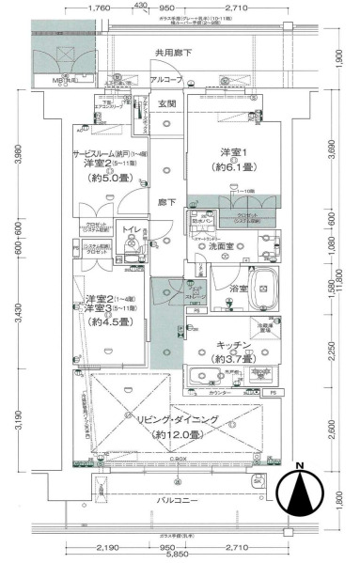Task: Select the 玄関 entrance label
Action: [x=166, y=103]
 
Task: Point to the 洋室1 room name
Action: [x=234, y=152]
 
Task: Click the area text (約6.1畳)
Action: [x=234, y=167]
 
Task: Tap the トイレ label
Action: [x=132, y=227]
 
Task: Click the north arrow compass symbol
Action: [x=300, y=494]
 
